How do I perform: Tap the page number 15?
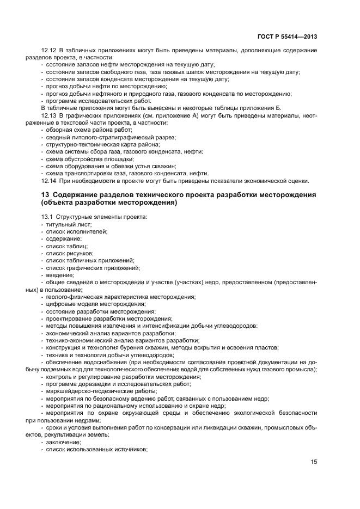314,462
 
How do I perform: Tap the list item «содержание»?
64,238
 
